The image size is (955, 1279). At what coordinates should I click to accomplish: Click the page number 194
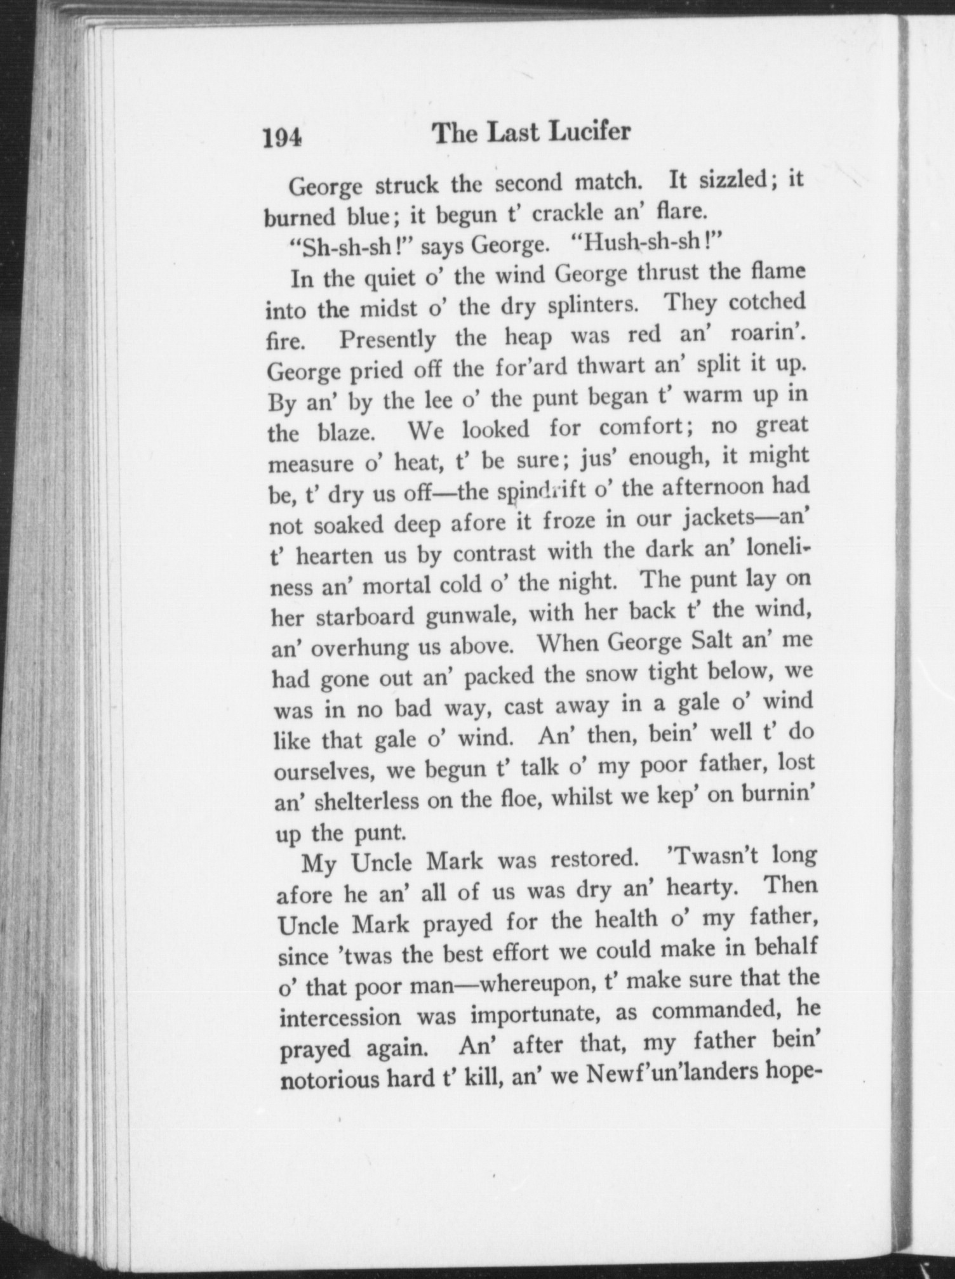[x=283, y=137]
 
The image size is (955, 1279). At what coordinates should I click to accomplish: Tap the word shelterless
[x=364, y=801]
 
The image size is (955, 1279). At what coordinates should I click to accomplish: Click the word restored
[x=594, y=859]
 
